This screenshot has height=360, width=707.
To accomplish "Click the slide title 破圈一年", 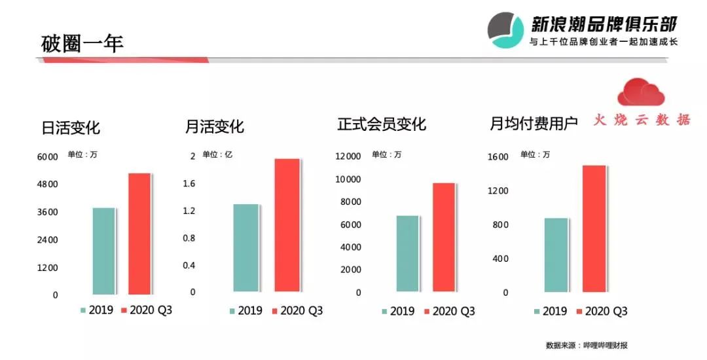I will click(x=82, y=43).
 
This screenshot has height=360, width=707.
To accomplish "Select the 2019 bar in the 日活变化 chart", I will click(x=104, y=251).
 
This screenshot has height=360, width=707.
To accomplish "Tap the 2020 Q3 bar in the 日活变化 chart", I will click(x=139, y=234).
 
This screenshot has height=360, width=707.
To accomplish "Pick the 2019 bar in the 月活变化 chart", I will click(x=246, y=248).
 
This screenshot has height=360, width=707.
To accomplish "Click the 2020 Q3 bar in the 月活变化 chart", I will click(x=287, y=225).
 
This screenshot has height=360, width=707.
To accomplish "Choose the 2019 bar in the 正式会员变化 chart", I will click(x=407, y=253).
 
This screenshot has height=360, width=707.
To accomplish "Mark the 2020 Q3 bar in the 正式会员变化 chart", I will click(x=443, y=237).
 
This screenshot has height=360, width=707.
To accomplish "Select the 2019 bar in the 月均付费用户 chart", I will click(x=556, y=255).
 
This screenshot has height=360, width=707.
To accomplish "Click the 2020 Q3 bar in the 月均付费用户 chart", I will click(x=594, y=228).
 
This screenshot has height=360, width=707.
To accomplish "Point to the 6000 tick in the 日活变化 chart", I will click(x=46, y=156).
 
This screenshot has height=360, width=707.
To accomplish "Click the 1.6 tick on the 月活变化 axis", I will click(x=189, y=184).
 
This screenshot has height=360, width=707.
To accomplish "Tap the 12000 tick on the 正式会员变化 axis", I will click(x=348, y=156).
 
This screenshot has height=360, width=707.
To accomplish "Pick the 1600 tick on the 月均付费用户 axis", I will click(x=498, y=157).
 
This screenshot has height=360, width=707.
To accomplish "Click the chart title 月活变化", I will click(x=215, y=126).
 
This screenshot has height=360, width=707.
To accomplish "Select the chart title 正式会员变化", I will click(x=382, y=124).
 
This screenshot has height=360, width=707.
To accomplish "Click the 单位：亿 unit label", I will click(x=217, y=154).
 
